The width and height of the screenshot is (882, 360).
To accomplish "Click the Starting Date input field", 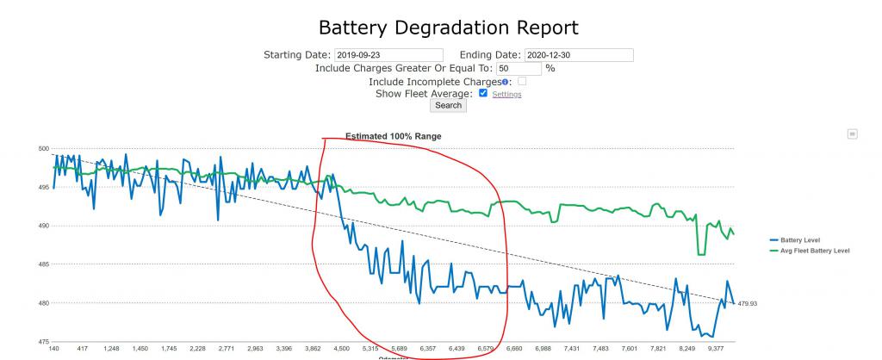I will (388, 55).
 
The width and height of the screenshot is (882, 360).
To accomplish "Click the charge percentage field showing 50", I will (519, 68).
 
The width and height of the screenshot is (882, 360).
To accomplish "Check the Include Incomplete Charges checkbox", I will (521, 81).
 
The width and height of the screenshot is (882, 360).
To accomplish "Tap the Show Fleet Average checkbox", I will (483, 93).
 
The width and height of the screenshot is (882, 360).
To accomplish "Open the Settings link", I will (506, 94).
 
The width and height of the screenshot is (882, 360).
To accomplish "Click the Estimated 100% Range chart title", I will (394, 136).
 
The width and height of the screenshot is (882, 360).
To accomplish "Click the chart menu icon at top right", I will (852, 133).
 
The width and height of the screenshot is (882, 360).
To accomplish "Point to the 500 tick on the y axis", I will (43, 148).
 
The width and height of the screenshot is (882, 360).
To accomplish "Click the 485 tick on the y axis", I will (43, 264).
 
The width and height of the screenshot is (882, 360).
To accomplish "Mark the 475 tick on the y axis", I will (43, 342).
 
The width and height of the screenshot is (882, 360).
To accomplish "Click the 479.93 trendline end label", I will (748, 303).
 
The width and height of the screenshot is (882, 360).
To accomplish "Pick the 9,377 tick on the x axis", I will (715, 349).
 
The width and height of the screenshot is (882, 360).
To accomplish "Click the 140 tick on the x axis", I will (53, 349).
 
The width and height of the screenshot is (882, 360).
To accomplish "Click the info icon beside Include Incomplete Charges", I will (506, 81).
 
